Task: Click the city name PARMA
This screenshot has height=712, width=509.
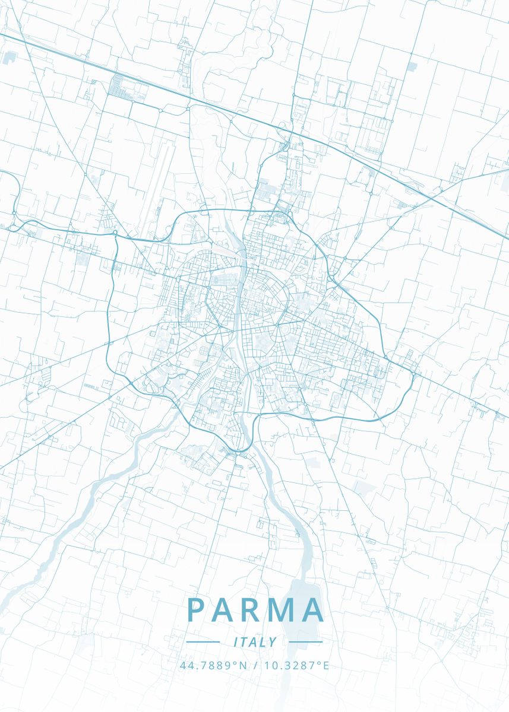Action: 255,609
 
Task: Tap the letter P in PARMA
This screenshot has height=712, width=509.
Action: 195,609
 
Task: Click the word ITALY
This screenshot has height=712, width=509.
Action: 255,642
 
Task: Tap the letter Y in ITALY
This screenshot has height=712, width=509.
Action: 273,642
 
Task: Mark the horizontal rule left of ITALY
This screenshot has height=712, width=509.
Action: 203,642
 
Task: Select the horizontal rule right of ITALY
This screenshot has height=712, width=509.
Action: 306,642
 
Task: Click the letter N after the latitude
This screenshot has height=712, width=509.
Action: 242,665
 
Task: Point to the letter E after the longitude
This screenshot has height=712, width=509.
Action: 325,665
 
